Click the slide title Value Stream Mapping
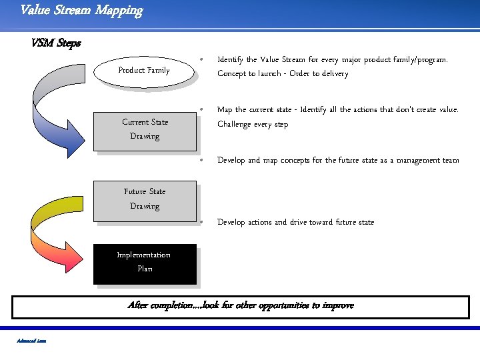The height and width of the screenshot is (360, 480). click(81, 11)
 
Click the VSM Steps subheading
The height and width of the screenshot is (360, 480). click(55, 43)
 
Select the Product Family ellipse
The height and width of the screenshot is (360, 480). click(143, 70)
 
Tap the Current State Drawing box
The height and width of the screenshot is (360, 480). click(145, 129)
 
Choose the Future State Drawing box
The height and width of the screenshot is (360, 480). click(145, 199)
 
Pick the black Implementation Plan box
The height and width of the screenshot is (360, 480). click(145, 262)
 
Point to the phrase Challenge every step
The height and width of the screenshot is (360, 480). click(253, 125)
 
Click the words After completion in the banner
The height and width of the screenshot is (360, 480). click(156, 306)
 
